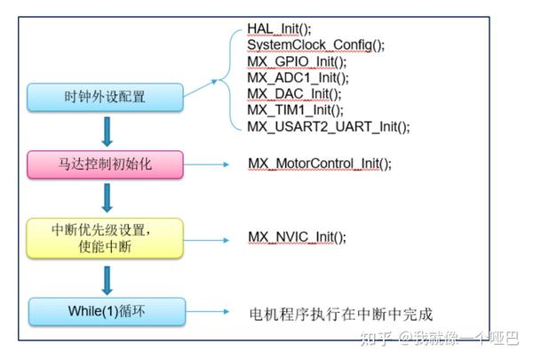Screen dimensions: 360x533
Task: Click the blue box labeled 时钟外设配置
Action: coord(105,96)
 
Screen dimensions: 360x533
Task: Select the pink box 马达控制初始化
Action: coord(105,164)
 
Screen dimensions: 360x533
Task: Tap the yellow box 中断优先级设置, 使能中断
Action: coord(105,237)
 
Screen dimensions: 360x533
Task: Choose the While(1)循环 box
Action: coord(105,311)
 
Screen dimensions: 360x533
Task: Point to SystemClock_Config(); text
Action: coord(315,45)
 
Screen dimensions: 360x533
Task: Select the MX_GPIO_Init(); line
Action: coord(297,61)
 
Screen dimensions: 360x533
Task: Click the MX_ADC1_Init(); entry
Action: coord(296,77)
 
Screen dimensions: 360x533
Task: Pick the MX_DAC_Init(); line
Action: coord(293,93)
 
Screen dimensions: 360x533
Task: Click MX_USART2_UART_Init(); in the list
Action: coord(328,126)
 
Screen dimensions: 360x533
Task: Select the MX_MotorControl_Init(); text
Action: coord(319,164)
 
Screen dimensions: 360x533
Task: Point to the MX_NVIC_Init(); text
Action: coord(297,237)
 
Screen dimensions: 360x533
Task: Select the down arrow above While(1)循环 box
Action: coord(107,279)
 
